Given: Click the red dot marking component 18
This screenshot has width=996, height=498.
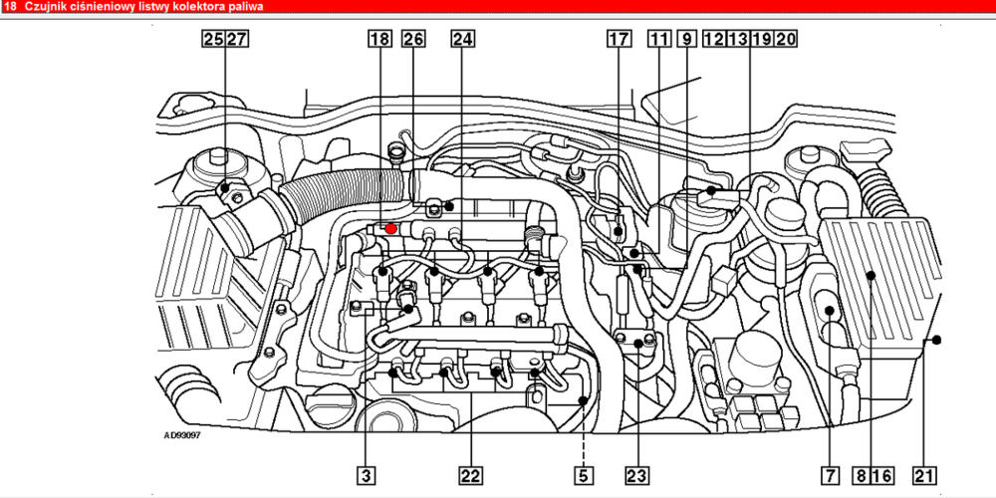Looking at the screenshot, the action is coord(391,228).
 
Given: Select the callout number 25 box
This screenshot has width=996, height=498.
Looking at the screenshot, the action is coord(213,39).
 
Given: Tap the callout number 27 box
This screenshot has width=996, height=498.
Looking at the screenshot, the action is coord(236,39).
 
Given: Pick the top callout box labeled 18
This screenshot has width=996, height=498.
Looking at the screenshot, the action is coord(379,39).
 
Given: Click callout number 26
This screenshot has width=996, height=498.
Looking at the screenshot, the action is coord(413,39).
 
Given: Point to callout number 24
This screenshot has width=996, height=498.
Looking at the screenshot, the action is coord(462,39).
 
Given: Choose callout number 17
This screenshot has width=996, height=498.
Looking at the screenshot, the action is coord(620,39).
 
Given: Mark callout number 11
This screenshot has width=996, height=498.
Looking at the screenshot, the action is coord(659,39).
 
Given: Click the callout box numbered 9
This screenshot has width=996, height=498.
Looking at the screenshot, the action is coord(686,39).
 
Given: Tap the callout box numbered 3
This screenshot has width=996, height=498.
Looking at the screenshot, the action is coord(366,474).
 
